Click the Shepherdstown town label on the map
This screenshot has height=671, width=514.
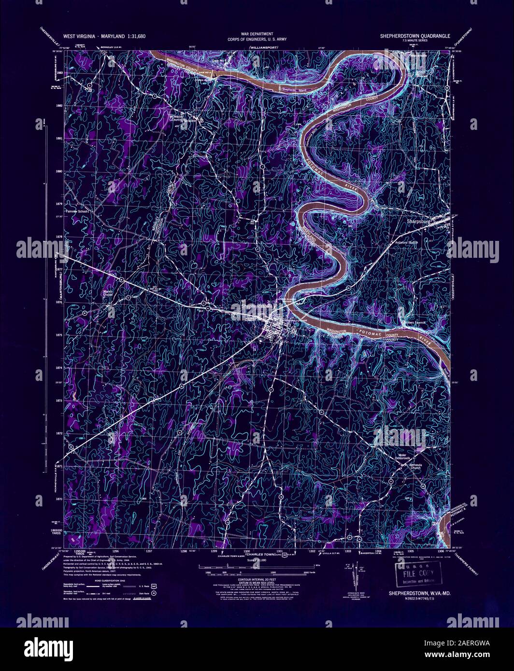[257, 306]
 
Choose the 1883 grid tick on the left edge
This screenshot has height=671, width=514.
[59, 72]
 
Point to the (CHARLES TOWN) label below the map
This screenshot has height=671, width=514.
[259, 555]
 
